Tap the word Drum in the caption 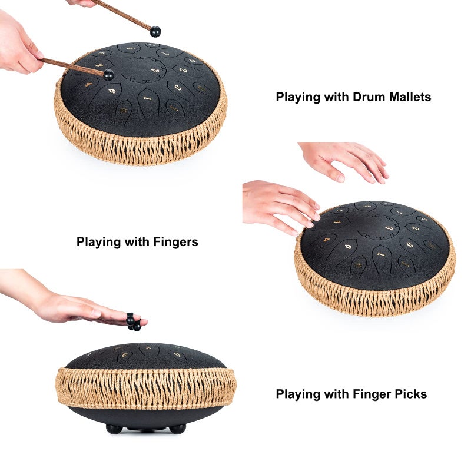click(x=369, y=97)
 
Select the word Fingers click(x=175, y=242)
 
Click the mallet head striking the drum click(x=108, y=75)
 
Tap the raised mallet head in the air click(x=155, y=32)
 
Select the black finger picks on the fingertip click(x=133, y=321)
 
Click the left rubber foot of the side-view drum click(x=114, y=429)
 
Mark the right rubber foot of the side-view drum click(x=178, y=429)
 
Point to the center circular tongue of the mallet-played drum click(x=146, y=69)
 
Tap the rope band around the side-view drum click(x=146, y=387)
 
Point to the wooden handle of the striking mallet click(x=72, y=67)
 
